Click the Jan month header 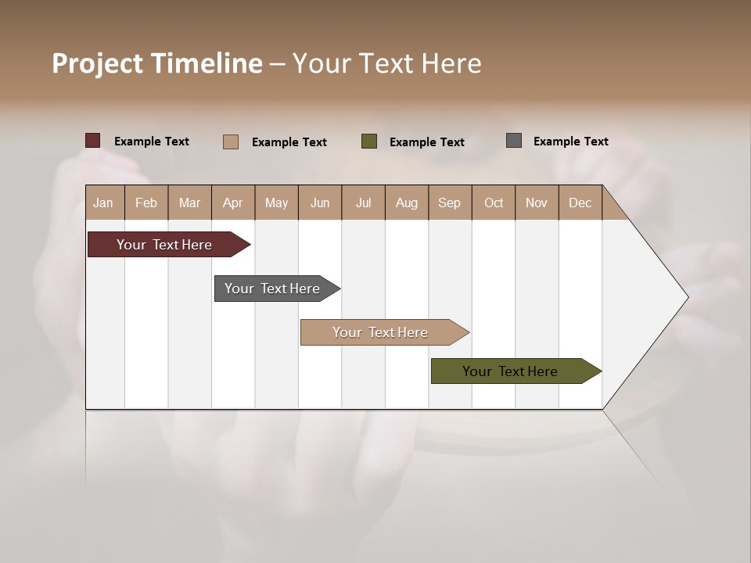(104, 203)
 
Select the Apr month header (233, 203)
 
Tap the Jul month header (363, 203)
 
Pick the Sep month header (449, 203)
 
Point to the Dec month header (580, 203)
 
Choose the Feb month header (146, 203)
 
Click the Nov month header (537, 203)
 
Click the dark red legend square (93, 141)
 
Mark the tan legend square (231, 142)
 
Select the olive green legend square (369, 142)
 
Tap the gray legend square (514, 141)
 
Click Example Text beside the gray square (570, 141)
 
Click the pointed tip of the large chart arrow (686, 297)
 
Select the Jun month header (320, 203)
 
